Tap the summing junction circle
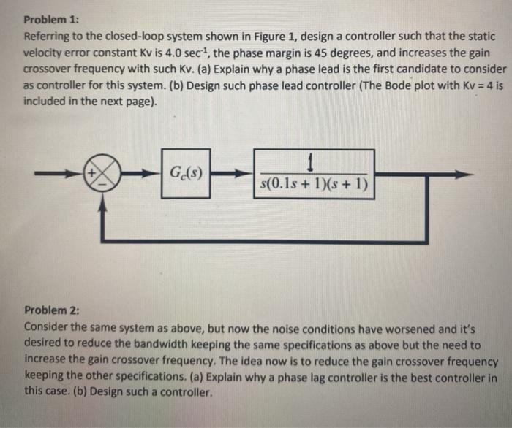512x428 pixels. pyautogui.click(x=103, y=175)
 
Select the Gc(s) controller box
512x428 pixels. pyautogui.click(x=186, y=174)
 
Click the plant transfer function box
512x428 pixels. pyautogui.click(x=314, y=174)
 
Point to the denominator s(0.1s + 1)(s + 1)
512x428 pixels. pyautogui.click(x=314, y=183)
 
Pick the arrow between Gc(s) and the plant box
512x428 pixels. pyautogui.click(x=233, y=175)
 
